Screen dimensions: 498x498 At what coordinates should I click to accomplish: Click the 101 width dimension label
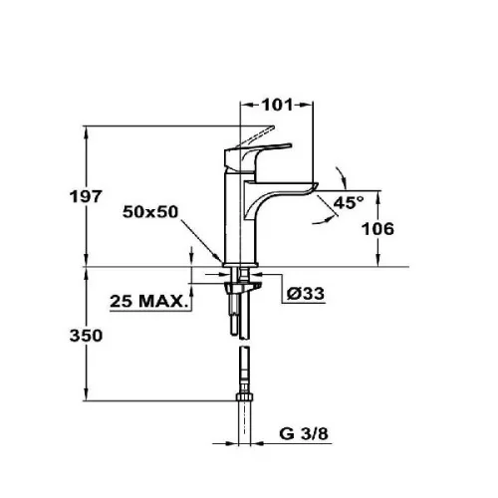coord(278,105)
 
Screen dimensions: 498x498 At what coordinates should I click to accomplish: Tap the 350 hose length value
coord(86,336)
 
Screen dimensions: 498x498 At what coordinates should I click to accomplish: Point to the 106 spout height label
coord(377,229)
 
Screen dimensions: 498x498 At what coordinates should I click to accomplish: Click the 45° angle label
coord(349,202)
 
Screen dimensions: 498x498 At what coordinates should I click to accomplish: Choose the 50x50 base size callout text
coord(150,212)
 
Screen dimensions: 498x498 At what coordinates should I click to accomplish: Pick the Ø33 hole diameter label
coord(306,294)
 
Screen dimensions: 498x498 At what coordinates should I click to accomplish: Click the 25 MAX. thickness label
coord(147,301)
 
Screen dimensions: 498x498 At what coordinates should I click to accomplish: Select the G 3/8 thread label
coord(304,433)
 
